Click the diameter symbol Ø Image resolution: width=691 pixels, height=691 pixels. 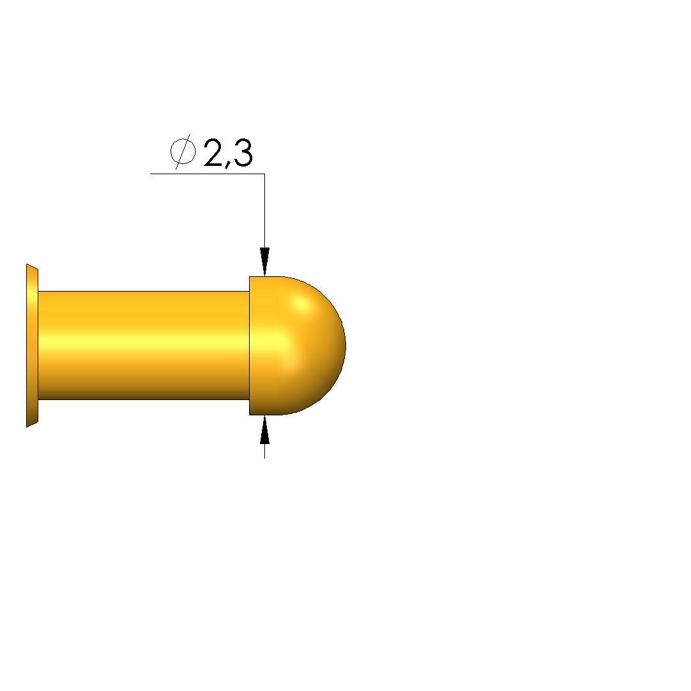point(183,152)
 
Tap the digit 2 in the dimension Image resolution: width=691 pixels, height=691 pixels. point(213,152)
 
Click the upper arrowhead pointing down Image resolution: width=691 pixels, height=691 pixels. point(264,262)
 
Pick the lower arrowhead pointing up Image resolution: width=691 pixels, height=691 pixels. point(264,429)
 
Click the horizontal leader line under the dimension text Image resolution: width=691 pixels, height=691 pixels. point(208,174)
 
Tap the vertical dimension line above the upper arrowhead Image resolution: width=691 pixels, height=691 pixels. point(264,211)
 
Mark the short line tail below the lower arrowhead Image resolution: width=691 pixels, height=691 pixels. point(264,451)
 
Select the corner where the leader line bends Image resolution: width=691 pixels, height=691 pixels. point(264,174)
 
